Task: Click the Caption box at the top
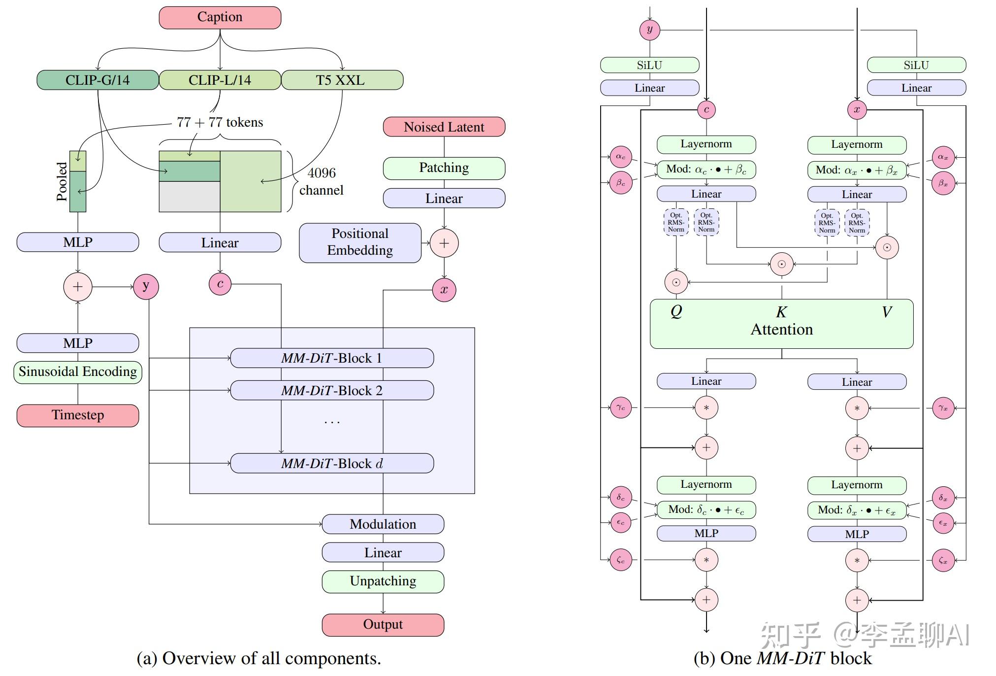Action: click(220, 17)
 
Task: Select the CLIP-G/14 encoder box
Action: click(97, 80)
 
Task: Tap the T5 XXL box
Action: click(342, 80)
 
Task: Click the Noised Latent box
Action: click(444, 127)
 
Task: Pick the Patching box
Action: click(444, 168)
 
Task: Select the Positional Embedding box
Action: click(360, 242)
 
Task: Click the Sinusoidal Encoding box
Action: click(78, 372)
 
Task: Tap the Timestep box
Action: click(78, 415)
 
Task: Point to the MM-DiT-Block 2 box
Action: click(332, 391)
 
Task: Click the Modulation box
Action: click(383, 524)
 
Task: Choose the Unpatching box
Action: click(383, 581)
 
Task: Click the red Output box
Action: click(383, 625)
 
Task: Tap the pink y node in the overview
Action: click(146, 286)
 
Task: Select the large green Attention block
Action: click(781, 329)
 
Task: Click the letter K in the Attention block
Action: click(781, 312)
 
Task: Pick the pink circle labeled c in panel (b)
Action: click(706, 109)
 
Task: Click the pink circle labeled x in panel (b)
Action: click(857, 109)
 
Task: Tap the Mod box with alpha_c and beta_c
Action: click(706, 169)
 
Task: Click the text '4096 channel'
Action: click(321, 181)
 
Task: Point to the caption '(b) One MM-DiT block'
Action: click(782, 659)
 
